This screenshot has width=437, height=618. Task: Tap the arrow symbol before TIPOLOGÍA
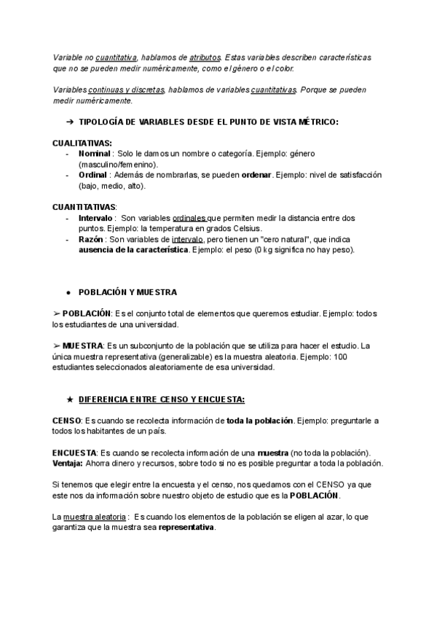click(x=70, y=122)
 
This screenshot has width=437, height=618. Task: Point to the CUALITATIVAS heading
click(x=82, y=143)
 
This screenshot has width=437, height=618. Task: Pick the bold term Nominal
click(x=94, y=154)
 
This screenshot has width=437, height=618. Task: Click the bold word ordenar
click(x=256, y=175)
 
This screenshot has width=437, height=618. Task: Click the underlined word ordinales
click(x=189, y=218)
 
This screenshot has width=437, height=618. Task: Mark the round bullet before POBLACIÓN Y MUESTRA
click(x=68, y=292)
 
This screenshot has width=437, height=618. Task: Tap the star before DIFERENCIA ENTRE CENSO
click(x=68, y=399)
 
